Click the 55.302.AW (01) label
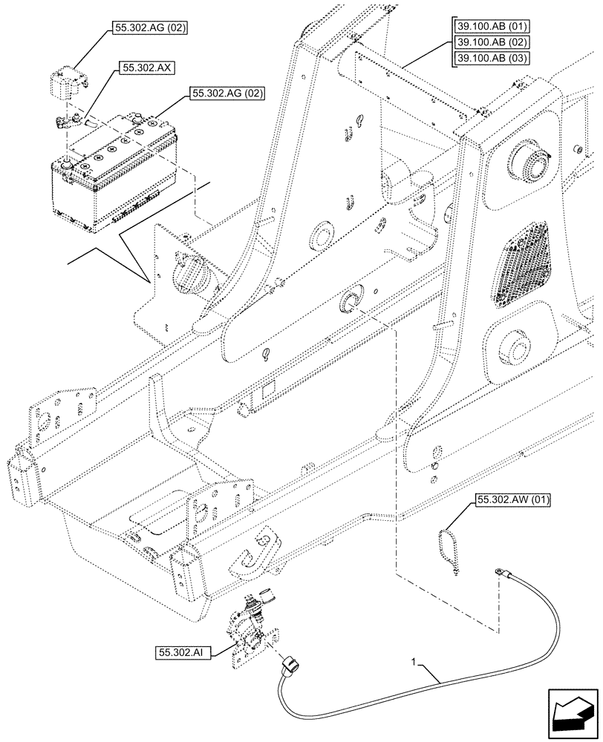pos(509,500)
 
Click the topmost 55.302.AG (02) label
pos(151,29)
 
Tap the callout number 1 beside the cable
pos(414,660)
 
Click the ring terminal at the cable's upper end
pos(494,572)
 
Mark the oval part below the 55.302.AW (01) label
pos(447,548)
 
